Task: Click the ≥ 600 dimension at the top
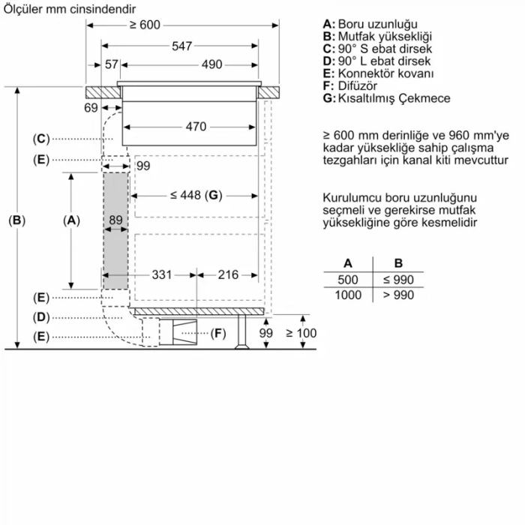145,25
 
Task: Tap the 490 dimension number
211,64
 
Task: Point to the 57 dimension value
112,64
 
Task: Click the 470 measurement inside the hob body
195,127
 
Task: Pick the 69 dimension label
91,109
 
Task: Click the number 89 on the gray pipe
115,220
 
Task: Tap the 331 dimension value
163,274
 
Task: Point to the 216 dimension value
228,274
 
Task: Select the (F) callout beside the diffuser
217,333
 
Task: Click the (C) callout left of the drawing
41,139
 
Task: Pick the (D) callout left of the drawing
41,317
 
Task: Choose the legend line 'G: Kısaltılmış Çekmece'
386,99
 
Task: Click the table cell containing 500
348,280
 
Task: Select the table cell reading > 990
398,295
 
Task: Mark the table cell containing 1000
348,295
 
